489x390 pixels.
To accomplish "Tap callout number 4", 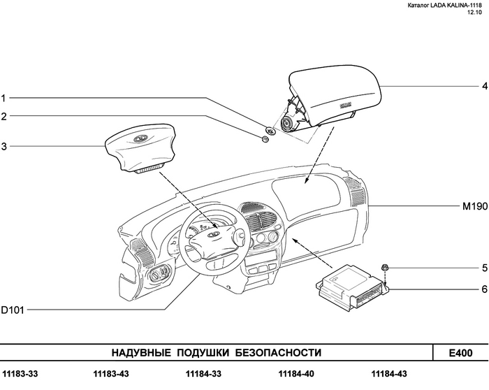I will [481, 86].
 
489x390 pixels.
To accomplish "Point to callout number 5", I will [481, 268].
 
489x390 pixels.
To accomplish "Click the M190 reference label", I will [473, 208].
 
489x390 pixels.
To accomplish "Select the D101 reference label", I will [13, 309].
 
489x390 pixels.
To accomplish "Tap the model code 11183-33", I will [20, 374].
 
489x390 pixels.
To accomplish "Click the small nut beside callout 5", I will [385, 268].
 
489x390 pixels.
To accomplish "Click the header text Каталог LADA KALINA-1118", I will [444, 6].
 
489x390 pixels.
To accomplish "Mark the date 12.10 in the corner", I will [474, 14].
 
